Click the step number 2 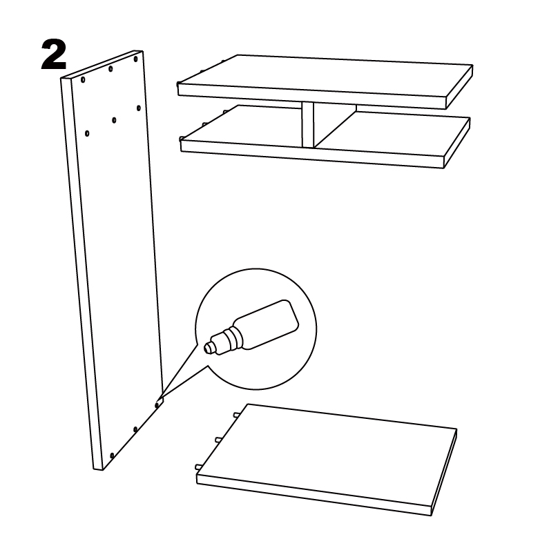pos(54,55)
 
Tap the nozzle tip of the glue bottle pos(207,348)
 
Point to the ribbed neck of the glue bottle pos(229,339)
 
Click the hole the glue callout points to pos(157,405)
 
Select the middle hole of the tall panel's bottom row pos(135,429)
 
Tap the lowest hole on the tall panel pos(112,456)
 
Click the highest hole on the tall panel pos(135,59)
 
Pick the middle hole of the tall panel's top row pos(110,68)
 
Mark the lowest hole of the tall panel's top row pos(83,80)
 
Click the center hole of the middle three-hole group pos(114,120)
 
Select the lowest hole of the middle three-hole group pos(87,133)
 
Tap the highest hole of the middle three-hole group pos(139,108)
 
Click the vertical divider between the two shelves pos(308,125)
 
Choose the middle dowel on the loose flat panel pos(217,439)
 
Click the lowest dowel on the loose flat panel pos(198,467)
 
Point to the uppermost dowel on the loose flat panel pos(236,415)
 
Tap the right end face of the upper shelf pos(459,87)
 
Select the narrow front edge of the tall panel pos(82,273)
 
